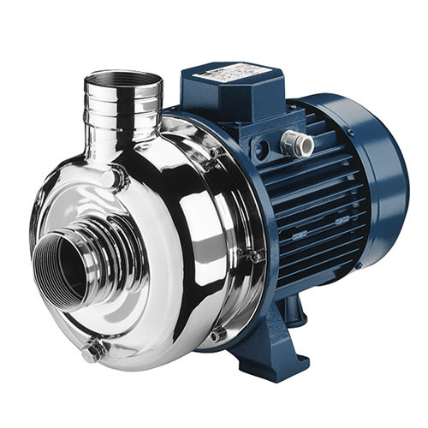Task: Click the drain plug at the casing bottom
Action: [x=94, y=348]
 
